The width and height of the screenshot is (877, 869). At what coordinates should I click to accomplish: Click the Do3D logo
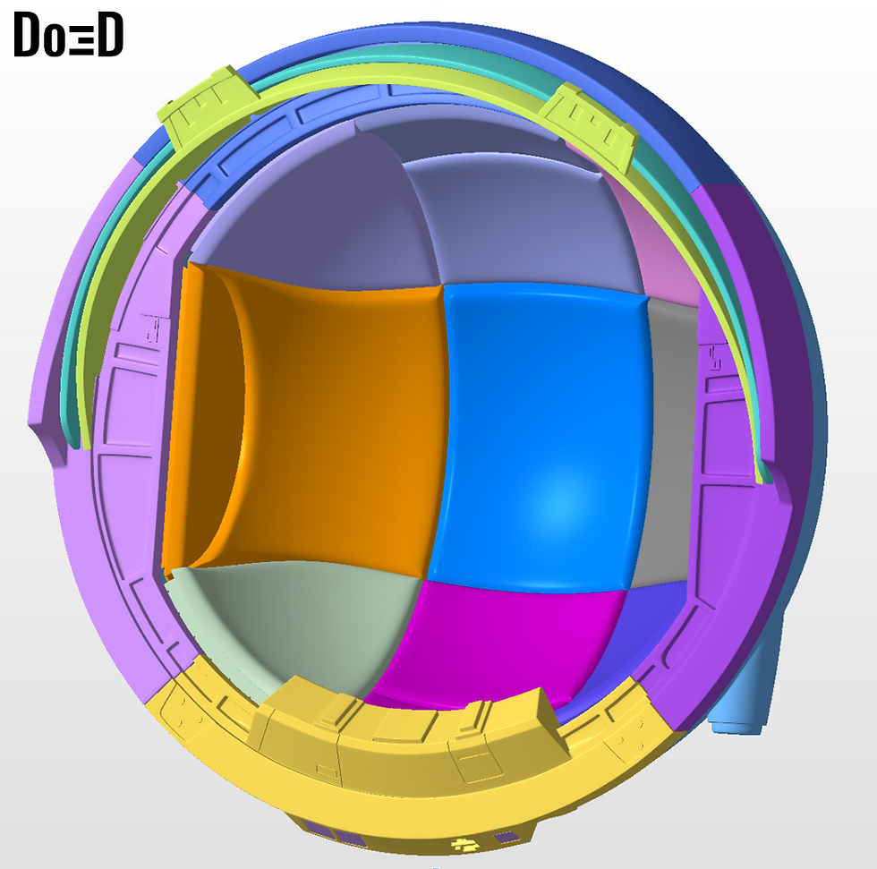click(68, 35)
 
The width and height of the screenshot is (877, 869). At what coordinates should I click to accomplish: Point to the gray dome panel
click(668, 442)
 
